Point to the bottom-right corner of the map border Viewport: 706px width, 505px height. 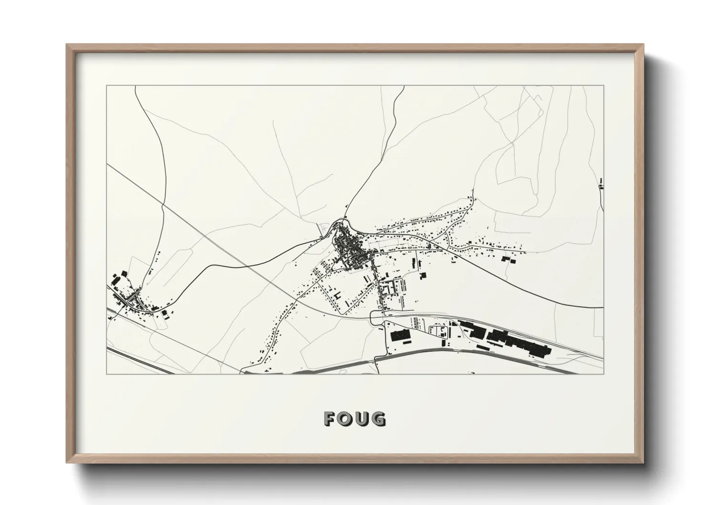604,374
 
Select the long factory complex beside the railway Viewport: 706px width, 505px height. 506,338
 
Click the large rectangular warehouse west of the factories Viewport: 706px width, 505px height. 401,336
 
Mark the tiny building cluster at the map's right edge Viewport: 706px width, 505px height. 601,183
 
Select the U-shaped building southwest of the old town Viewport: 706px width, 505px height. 338,296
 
